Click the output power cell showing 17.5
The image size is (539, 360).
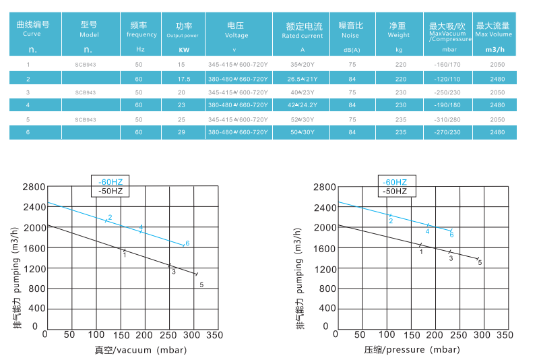pos(181,78)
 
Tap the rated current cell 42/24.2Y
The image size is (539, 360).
pos(303,105)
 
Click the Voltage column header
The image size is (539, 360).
pos(236,30)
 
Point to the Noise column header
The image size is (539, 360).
pos(350,30)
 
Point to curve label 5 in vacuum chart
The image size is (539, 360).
pos(201,285)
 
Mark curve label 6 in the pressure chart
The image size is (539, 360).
pos(451,235)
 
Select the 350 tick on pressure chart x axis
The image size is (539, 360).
pos(505,334)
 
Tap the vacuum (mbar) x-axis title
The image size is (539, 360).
pos(140,350)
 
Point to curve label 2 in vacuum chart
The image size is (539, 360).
pos(110,216)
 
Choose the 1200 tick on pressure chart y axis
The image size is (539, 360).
pos(325,268)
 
